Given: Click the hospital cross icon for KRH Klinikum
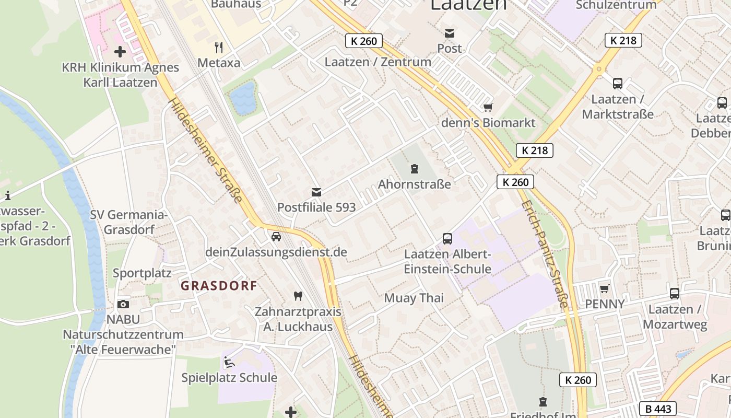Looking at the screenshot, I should (120, 52).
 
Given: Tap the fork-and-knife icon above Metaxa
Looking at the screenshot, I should (219, 48).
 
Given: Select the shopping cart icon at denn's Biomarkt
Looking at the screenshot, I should (488, 107).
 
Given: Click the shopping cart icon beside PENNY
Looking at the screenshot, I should (605, 288).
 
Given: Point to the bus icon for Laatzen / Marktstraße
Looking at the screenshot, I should (618, 83).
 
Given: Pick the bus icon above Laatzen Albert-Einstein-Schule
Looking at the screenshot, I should (447, 239).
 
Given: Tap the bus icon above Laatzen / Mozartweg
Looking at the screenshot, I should (675, 294).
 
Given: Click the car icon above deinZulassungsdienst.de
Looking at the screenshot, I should (276, 237).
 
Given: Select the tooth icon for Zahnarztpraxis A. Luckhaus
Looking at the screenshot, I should (298, 296).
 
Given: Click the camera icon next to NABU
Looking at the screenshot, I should (123, 304).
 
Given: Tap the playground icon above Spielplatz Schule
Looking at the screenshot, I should (229, 362).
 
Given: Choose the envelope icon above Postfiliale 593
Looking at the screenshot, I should (316, 192).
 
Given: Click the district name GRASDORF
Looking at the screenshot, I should (219, 286).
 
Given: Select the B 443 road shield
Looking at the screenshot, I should (658, 409).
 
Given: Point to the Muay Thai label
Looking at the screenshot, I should (414, 298).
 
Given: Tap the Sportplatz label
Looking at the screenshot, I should (142, 273).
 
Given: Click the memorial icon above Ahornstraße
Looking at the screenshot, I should (415, 169).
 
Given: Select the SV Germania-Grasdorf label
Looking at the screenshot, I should (129, 222).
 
